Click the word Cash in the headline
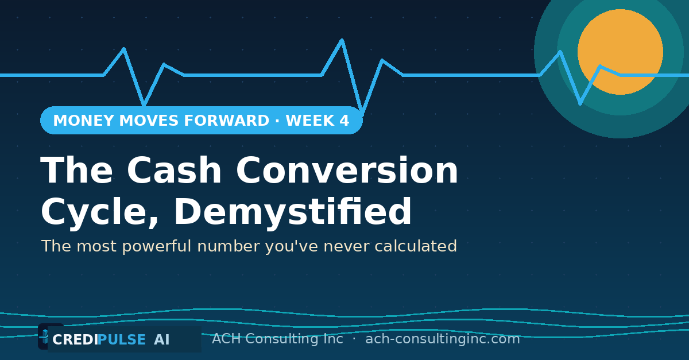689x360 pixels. point(174,170)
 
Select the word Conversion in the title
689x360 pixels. point(347,170)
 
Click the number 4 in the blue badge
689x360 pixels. point(344,121)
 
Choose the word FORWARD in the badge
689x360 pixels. point(226,121)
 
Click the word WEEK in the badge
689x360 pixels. point(310,121)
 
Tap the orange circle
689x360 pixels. point(620,52)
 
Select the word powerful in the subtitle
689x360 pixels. point(157,247)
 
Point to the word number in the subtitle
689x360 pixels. point(229,246)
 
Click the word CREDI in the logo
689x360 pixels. point(75,340)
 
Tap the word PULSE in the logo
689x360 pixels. point(122,340)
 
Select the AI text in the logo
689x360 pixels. point(162,340)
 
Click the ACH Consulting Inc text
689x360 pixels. point(277,339)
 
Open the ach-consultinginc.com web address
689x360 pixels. point(443,339)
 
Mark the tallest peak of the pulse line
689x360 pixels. point(342,40)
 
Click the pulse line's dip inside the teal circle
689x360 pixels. point(580,104)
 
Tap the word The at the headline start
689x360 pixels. point(76,170)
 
